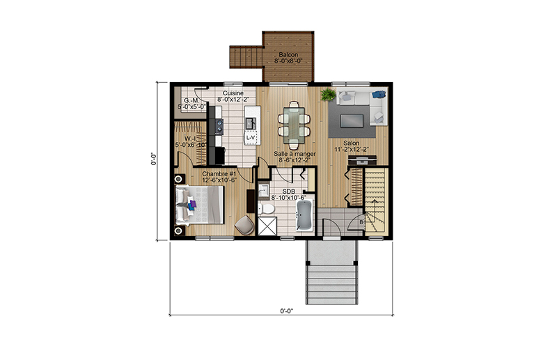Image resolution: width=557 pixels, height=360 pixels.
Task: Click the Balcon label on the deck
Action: [288, 55]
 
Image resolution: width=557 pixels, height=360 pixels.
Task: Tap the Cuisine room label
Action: [233, 93]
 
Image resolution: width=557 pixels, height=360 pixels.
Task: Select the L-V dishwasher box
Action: [251, 137]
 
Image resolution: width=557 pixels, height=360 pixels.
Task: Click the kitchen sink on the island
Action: [251, 123]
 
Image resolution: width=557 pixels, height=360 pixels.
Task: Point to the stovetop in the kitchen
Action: [219, 126]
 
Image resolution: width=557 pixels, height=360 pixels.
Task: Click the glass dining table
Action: [294, 125]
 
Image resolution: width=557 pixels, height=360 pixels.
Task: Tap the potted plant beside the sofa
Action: [328, 95]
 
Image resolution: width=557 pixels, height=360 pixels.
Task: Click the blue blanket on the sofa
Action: [379, 95]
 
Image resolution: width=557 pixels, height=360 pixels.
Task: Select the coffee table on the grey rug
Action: [352, 120]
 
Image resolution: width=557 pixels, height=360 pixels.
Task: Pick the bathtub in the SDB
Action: [304, 215]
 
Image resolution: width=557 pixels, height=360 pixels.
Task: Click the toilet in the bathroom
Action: [265, 209]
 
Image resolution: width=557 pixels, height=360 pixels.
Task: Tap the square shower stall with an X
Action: [267, 226]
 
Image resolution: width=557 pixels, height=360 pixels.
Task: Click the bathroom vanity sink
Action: [263, 191]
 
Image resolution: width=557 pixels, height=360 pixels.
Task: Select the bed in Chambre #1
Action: [199, 205]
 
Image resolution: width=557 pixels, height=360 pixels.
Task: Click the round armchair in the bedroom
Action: [244, 225]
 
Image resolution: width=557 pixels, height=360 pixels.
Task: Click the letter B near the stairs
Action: [361, 222]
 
